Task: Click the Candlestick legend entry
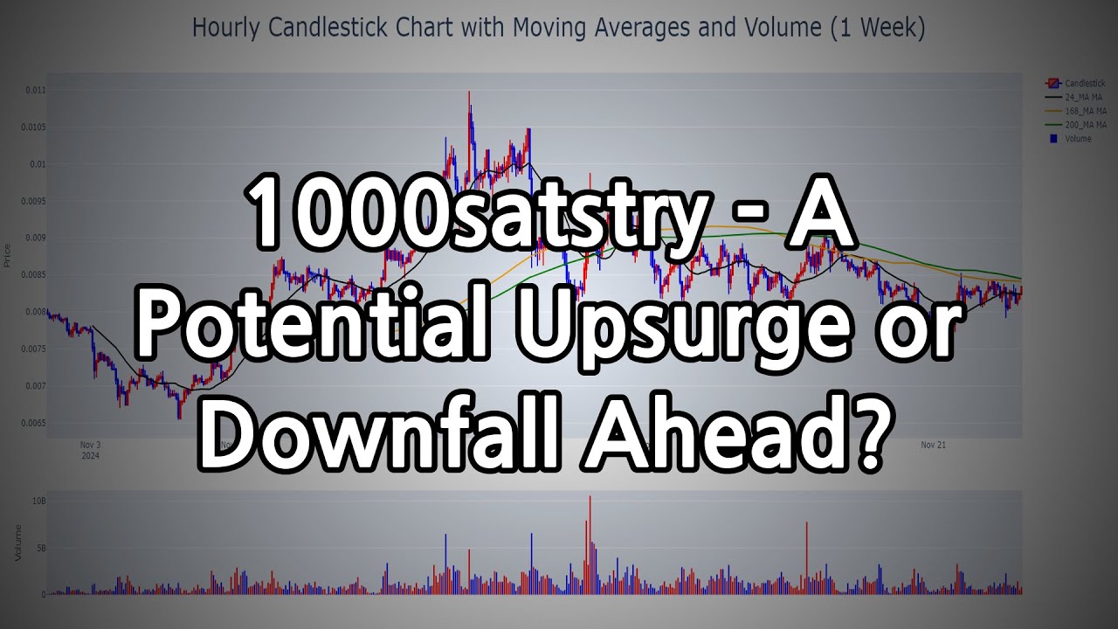(1084, 83)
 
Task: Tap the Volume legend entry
(1078, 139)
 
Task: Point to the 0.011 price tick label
(36, 90)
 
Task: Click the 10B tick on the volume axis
(39, 501)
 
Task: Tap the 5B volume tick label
(41, 549)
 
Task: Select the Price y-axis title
(8, 255)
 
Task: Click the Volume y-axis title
(17, 543)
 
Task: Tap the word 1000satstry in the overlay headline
(475, 218)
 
